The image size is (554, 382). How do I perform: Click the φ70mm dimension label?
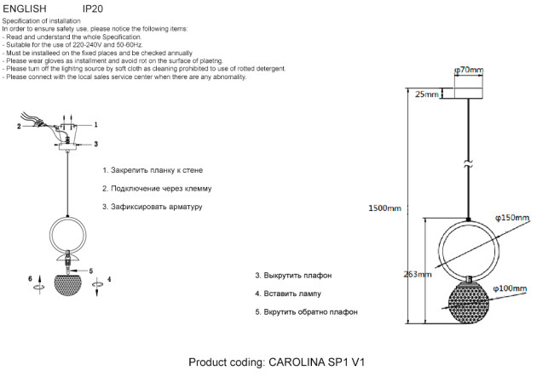point(469,70)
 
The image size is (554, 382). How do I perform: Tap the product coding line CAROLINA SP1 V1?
point(277,362)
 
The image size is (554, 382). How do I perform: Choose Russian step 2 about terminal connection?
point(156,188)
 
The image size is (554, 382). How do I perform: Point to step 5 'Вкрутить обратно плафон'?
point(306,312)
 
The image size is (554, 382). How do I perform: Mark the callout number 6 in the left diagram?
point(30,278)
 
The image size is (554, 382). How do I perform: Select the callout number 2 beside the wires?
point(18,127)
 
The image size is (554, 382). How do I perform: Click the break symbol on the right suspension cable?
point(468,166)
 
